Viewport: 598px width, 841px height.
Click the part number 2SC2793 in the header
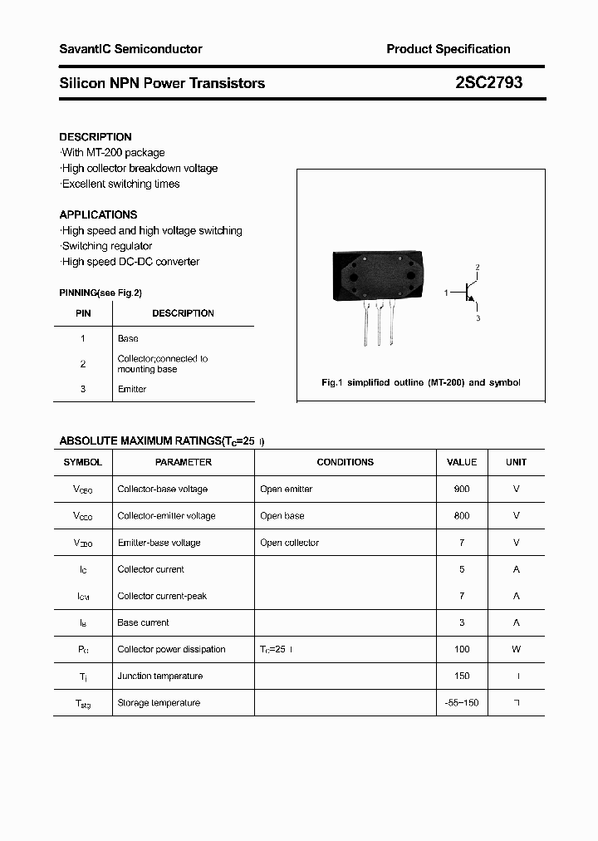[488, 83]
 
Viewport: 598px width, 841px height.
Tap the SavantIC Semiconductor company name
[130, 49]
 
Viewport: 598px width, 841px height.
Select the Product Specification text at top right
[448, 49]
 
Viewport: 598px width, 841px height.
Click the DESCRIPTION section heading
[96, 137]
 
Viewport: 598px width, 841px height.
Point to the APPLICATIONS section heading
[98, 214]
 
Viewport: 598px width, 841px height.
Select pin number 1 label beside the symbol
[446, 293]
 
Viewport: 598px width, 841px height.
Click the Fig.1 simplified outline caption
[420, 383]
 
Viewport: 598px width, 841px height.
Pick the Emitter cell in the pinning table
[132, 389]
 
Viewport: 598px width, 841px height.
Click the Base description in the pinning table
[128, 339]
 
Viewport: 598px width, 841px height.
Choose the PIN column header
[83, 313]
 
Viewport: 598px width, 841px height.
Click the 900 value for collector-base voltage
[462, 489]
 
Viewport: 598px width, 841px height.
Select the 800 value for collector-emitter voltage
[462, 516]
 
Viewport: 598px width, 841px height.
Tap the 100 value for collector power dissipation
[462, 649]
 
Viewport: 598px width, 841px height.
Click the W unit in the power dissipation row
[516, 649]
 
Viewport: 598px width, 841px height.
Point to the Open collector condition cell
[289, 543]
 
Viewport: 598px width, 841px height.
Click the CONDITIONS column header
[345, 462]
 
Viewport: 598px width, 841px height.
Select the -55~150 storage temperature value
[462, 703]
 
